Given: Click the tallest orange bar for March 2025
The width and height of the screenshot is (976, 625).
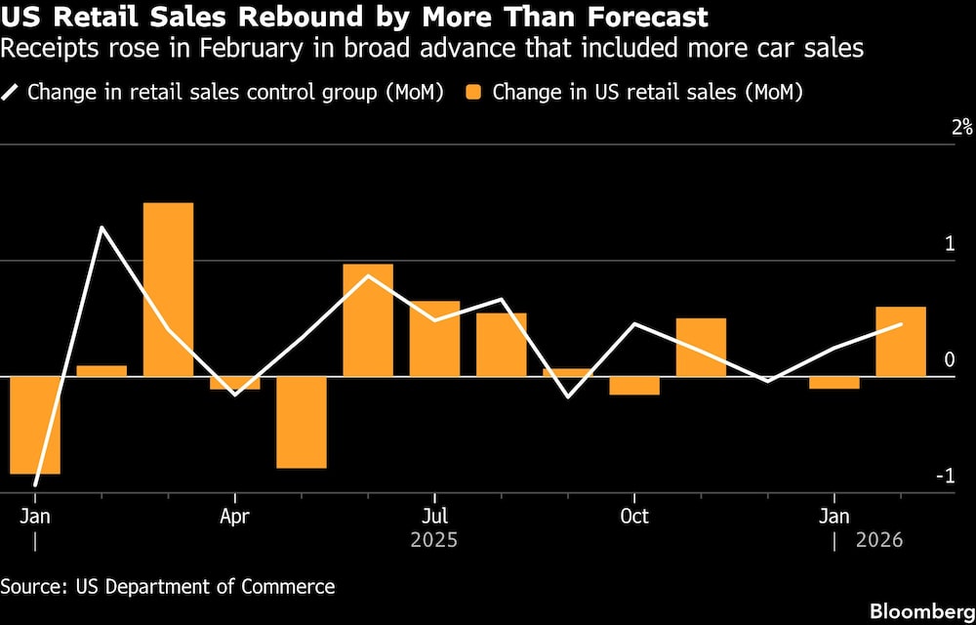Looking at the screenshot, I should tap(168, 289).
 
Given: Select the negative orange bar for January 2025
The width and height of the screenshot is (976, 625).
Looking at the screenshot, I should tap(35, 425).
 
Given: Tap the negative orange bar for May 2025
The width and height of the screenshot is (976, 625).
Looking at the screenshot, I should tap(301, 422).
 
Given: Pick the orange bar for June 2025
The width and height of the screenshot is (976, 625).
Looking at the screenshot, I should tap(368, 319).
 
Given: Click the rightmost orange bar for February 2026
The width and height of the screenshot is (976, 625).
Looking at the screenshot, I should tap(901, 341).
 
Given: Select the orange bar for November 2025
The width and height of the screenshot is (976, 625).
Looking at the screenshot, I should tap(701, 347).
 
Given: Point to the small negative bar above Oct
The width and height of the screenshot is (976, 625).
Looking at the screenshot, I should tap(634, 386).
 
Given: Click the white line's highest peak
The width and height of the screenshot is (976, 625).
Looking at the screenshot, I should tap(102, 228).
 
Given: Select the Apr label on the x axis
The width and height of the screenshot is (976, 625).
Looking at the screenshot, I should tap(234, 516).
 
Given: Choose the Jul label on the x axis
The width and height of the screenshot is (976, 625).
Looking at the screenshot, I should tap(434, 516).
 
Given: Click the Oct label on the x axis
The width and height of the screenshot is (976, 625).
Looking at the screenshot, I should tap(634, 516).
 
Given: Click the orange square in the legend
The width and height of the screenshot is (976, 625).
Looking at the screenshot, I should tap(473, 93).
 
